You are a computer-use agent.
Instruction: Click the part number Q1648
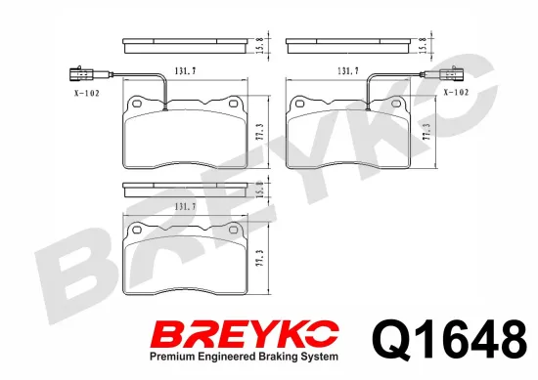pyautogui.click(x=450, y=339)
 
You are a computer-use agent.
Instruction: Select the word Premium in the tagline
pyautogui.click(x=170, y=357)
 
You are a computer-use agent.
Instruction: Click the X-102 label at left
pyautogui.click(x=87, y=93)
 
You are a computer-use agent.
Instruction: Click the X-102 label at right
pyautogui.click(x=456, y=92)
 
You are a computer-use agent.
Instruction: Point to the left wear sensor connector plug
pyautogui.click(x=81, y=74)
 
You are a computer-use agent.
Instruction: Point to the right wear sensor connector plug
pyautogui.click(x=451, y=74)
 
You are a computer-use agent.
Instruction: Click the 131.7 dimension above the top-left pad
pyautogui.click(x=185, y=71)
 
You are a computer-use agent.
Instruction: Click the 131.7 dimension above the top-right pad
pyautogui.click(x=348, y=71)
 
